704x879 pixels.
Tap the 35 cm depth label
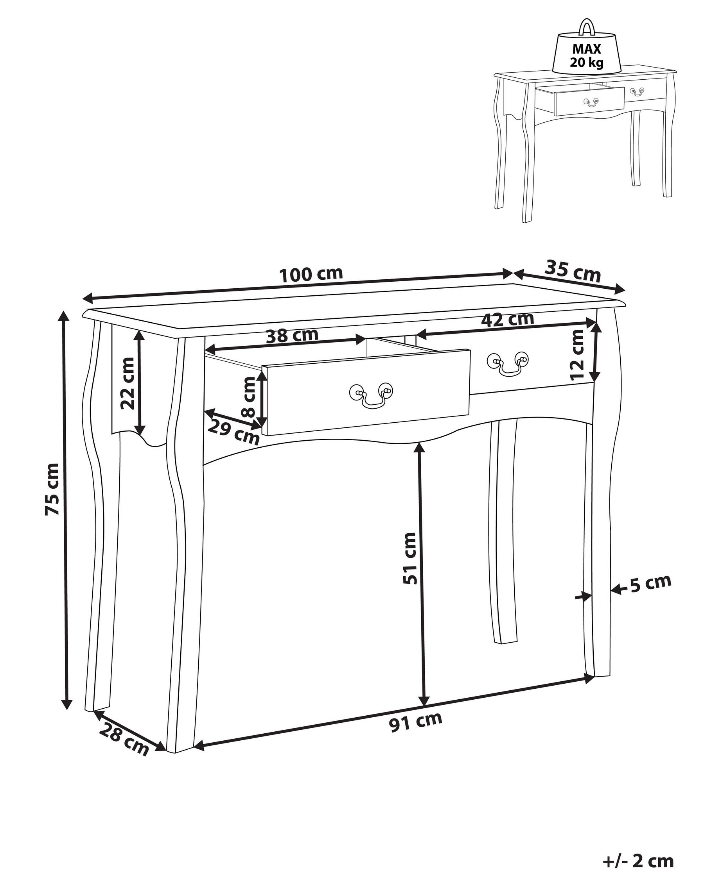click(x=573, y=271)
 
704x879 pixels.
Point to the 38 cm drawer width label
click(x=292, y=336)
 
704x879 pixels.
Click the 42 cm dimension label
click(x=507, y=319)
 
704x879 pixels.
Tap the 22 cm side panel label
click(x=127, y=383)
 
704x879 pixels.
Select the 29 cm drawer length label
click(x=233, y=432)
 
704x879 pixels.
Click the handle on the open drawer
click(x=371, y=395)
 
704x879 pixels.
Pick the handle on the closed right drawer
click(x=508, y=363)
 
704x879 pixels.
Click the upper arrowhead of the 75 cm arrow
click(x=63, y=316)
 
